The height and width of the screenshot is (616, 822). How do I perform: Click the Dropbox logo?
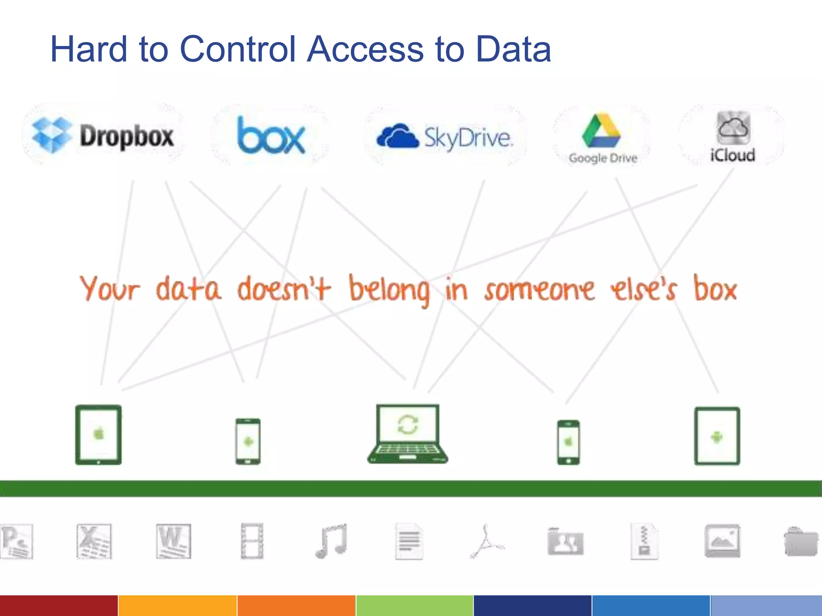click(103, 136)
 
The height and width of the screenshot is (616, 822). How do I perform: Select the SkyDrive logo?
click(445, 137)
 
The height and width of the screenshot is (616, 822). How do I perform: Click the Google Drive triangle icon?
click(602, 130)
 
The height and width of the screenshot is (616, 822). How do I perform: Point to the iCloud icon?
click(733, 128)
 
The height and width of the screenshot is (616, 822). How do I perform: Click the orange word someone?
click(539, 290)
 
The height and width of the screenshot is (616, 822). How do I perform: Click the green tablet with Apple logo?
click(98, 435)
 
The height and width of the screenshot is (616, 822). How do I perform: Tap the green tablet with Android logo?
click(717, 436)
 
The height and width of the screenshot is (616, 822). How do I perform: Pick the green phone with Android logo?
click(248, 442)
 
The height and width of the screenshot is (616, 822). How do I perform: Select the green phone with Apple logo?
click(568, 442)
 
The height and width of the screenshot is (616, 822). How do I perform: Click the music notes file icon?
click(331, 541)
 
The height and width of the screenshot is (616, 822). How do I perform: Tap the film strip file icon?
click(252, 541)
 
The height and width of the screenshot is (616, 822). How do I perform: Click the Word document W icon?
click(173, 541)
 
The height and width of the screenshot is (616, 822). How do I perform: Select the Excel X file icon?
click(94, 541)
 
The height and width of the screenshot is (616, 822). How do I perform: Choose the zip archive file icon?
click(644, 541)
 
